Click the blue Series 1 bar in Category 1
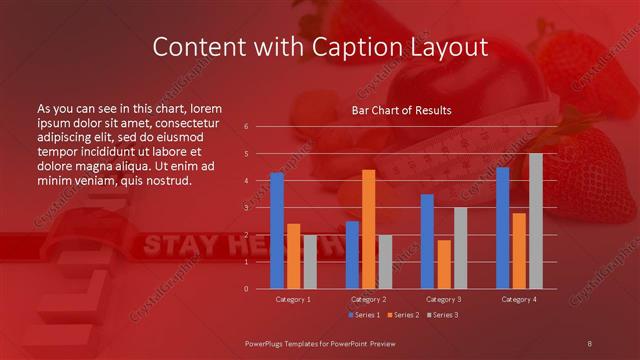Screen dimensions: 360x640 (x=277, y=231)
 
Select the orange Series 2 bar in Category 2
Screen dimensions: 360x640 (x=368, y=229)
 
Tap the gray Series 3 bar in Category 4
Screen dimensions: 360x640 (x=536, y=221)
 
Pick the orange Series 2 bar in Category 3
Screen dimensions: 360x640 (x=444, y=264)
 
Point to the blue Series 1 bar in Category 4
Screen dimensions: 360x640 (x=502, y=228)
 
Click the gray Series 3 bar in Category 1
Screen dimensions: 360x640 (x=310, y=262)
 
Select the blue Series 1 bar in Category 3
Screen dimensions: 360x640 (x=427, y=241)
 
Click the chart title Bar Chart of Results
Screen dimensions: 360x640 (x=401, y=110)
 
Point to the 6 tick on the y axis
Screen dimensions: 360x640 (x=246, y=127)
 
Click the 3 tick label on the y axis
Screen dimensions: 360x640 (x=246, y=208)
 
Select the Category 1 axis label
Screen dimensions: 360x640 (x=293, y=299)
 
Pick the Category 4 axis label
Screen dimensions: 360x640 (x=518, y=299)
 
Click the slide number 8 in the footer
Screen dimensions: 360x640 (x=589, y=343)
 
